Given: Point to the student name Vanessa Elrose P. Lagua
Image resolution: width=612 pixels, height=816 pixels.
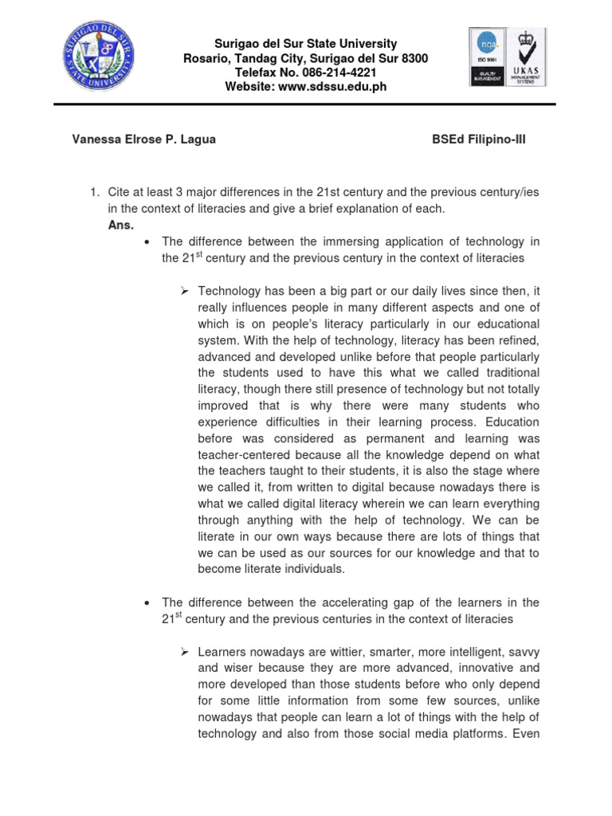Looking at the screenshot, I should click(143, 139).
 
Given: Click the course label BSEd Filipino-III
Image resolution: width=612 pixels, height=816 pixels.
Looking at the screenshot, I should click(478, 139).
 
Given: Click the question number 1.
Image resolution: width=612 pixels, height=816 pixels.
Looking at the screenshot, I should click(92, 192).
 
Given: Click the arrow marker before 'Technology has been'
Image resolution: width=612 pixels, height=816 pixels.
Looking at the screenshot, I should click(183, 291).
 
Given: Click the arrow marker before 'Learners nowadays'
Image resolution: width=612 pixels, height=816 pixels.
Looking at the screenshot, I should click(183, 652).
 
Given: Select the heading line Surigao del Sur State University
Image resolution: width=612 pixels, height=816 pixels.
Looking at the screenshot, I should click(306, 44).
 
